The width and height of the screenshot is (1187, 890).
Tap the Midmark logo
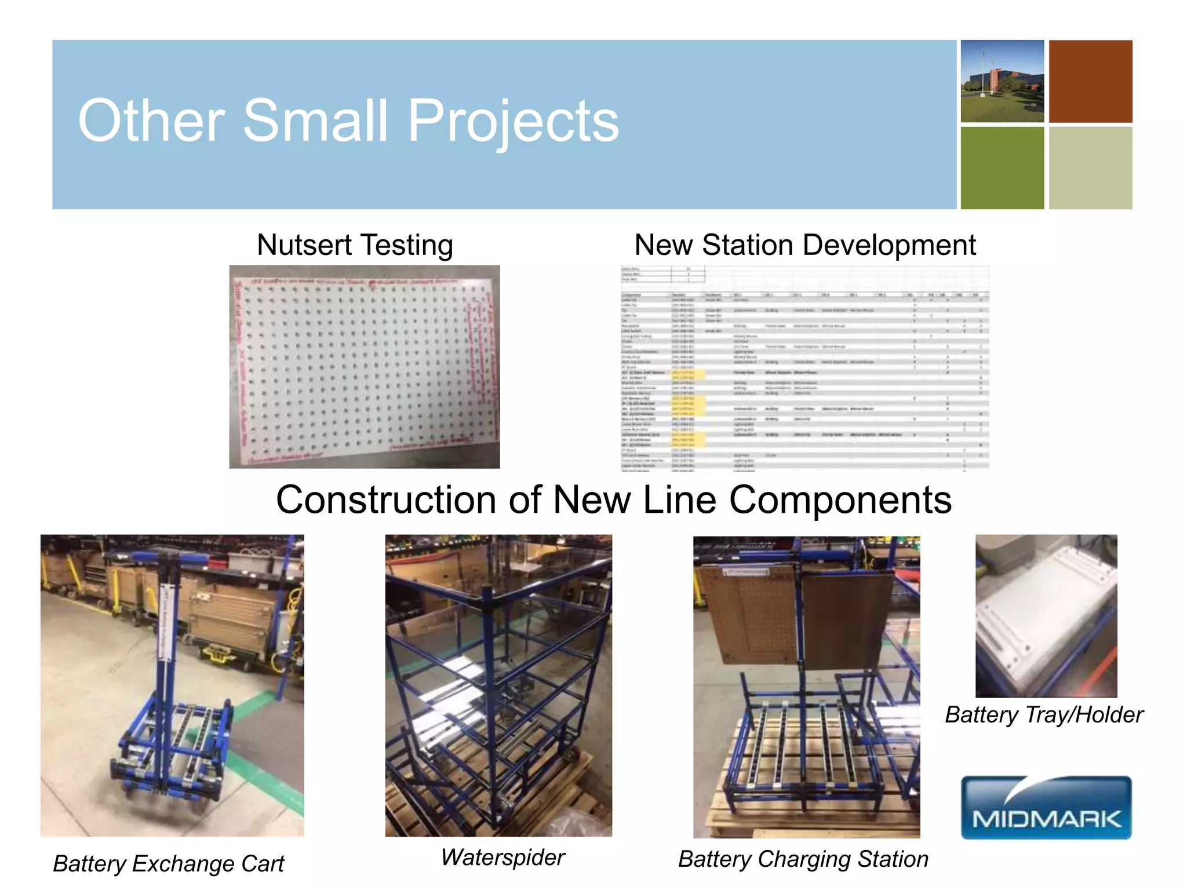1046,807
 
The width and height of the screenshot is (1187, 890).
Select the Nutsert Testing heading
355,245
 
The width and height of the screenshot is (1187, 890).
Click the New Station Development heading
804,245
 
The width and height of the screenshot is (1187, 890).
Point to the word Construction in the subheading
385,499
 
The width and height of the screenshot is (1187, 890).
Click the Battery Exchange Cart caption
168,863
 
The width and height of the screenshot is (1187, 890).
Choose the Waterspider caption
503,857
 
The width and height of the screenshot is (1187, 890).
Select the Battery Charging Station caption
803,859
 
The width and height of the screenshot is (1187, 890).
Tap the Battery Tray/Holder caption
1044,714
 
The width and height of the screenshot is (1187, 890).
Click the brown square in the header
1090,81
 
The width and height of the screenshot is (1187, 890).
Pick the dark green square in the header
1002,168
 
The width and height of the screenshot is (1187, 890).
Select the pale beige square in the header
1090,168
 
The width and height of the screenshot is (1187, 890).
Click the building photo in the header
1002,81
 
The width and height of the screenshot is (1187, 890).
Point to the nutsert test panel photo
364,366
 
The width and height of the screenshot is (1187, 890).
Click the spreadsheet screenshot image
804,368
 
